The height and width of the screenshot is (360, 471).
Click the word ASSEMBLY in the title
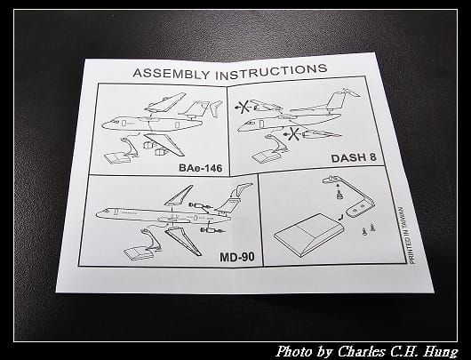(172, 74)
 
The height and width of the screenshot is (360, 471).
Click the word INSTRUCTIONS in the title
(271, 72)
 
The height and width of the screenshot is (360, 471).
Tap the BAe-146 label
(200, 168)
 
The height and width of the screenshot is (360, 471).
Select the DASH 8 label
(354, 157)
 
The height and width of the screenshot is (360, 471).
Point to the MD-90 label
(237, 257)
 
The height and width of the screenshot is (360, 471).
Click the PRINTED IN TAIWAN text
(407, 235)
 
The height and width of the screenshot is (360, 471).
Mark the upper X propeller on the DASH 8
(243, 107)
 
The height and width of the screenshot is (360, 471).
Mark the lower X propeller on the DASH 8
(292, 133)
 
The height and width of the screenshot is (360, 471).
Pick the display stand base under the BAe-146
(117, 158)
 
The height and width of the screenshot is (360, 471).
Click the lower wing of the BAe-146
(164, 144)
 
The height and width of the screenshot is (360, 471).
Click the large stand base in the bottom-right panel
(307, 234)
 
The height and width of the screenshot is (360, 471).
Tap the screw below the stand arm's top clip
(339, 194)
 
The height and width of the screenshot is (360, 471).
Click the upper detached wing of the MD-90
(179, 196)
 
